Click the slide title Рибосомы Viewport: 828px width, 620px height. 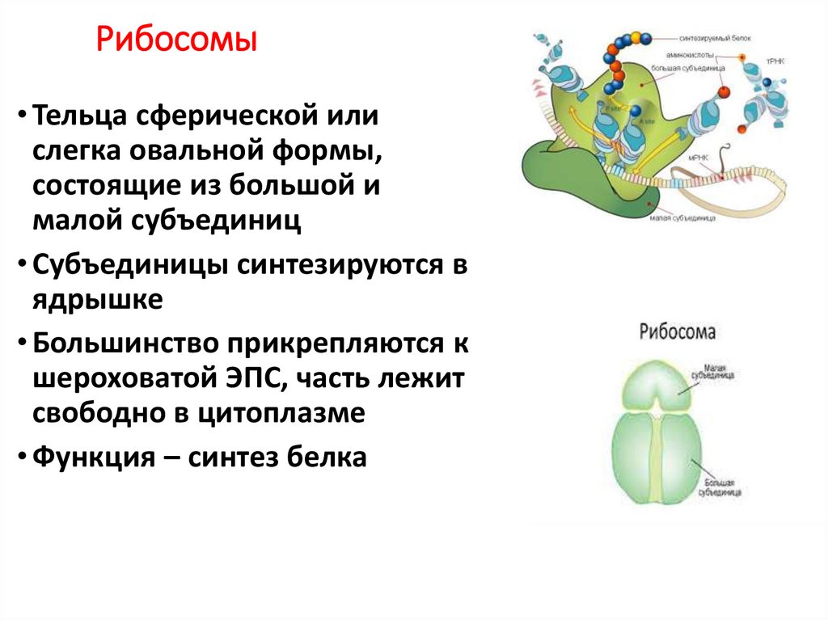177,41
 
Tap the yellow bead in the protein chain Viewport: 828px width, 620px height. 636,37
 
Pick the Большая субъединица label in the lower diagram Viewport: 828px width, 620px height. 723,486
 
